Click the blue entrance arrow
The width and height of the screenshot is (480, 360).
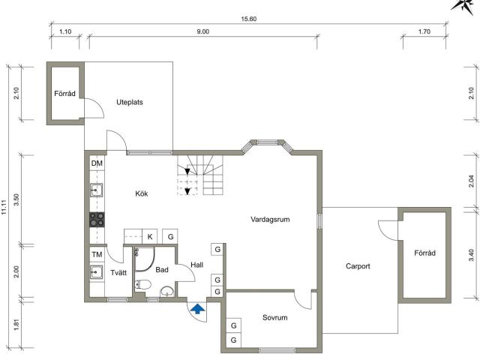[x=198, y=308]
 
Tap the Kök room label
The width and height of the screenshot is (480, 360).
[x=142, y=193]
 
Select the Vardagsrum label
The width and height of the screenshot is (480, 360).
[x=270, y=220]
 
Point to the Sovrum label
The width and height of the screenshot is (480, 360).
[x=275, y=318]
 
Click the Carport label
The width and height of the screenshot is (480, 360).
[x=358, y=266]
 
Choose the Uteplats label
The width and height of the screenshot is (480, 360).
[x=130, y=102]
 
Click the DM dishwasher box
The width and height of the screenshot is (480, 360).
[x=97, y=163]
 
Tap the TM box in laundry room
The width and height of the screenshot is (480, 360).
[x=97, y=254]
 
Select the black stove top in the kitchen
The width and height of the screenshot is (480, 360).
[x=97, y=220]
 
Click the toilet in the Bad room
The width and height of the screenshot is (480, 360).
[x=143, y=285]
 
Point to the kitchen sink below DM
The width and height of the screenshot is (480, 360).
[x=97, y=190]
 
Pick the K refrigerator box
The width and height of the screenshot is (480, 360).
[x=150, y=237]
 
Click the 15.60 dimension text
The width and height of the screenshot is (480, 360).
[x=248, y=19]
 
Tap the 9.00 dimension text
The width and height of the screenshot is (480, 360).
[x=203, y=31]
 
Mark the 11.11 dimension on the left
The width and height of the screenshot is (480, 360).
[x=4, y=207]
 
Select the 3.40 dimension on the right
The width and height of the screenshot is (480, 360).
[x=472, y=255]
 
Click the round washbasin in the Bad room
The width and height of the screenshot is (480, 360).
[x=166, y=291]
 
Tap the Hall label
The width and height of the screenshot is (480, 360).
[x=196, y=265]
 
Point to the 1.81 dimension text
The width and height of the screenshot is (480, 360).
[x=16, y=325]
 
